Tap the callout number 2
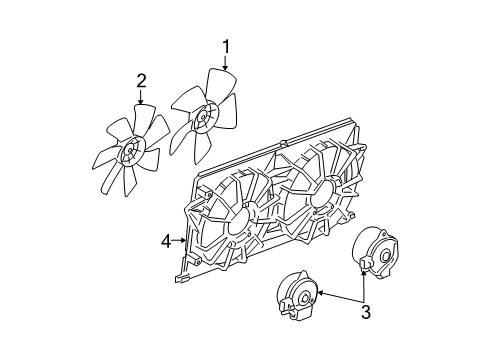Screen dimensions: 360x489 coord(141,81)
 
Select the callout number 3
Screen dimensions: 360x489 coord(366,311)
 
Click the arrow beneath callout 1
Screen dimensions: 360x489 coord(226,61)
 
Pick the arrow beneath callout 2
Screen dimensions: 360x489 coord(141,97)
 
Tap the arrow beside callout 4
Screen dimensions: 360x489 coord(180,240)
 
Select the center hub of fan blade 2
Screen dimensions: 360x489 coord(131,154)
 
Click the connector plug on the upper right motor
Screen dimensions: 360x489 coord(364,262)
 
